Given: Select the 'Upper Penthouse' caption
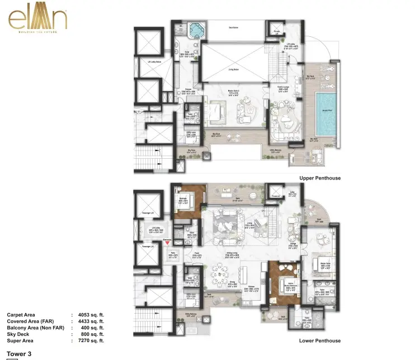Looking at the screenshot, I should point(319,178).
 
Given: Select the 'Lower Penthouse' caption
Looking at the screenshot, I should point(319,340).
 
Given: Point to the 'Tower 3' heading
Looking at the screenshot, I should point(20,354).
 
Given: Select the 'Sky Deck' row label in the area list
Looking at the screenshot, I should point(18,334).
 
